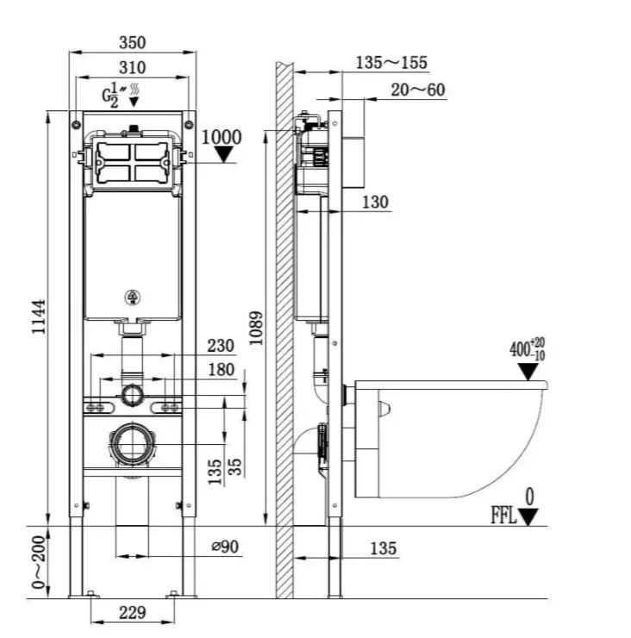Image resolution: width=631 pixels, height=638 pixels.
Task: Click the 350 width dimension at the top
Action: [132, 42]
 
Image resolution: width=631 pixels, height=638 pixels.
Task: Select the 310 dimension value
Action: [132, 67]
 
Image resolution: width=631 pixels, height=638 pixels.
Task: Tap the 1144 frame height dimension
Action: [39, 316]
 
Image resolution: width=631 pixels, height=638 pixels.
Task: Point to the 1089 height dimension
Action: [256, 328]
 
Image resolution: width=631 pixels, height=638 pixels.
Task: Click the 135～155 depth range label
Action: [391, 63]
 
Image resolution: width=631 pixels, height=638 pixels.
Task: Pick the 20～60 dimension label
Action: [418, 90]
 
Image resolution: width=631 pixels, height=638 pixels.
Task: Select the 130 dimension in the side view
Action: [375, 203]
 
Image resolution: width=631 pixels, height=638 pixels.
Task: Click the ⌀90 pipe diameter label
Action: [225, 547]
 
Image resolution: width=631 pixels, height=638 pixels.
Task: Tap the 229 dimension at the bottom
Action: [132, 612]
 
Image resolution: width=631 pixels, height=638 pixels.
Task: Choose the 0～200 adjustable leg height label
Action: [39, 562]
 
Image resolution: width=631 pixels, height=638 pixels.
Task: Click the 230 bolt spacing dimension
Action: [221, 346]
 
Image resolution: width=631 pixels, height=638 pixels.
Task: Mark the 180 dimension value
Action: [222, 370]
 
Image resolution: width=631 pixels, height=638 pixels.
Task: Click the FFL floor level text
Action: [503, 516]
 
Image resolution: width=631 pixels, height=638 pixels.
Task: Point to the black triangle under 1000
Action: [223, 154]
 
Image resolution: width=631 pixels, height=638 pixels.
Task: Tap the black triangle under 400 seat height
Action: [528, 372]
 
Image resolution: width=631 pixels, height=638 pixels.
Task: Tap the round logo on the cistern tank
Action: [132, 297]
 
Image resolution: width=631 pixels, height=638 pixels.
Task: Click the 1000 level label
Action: [222, 137]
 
